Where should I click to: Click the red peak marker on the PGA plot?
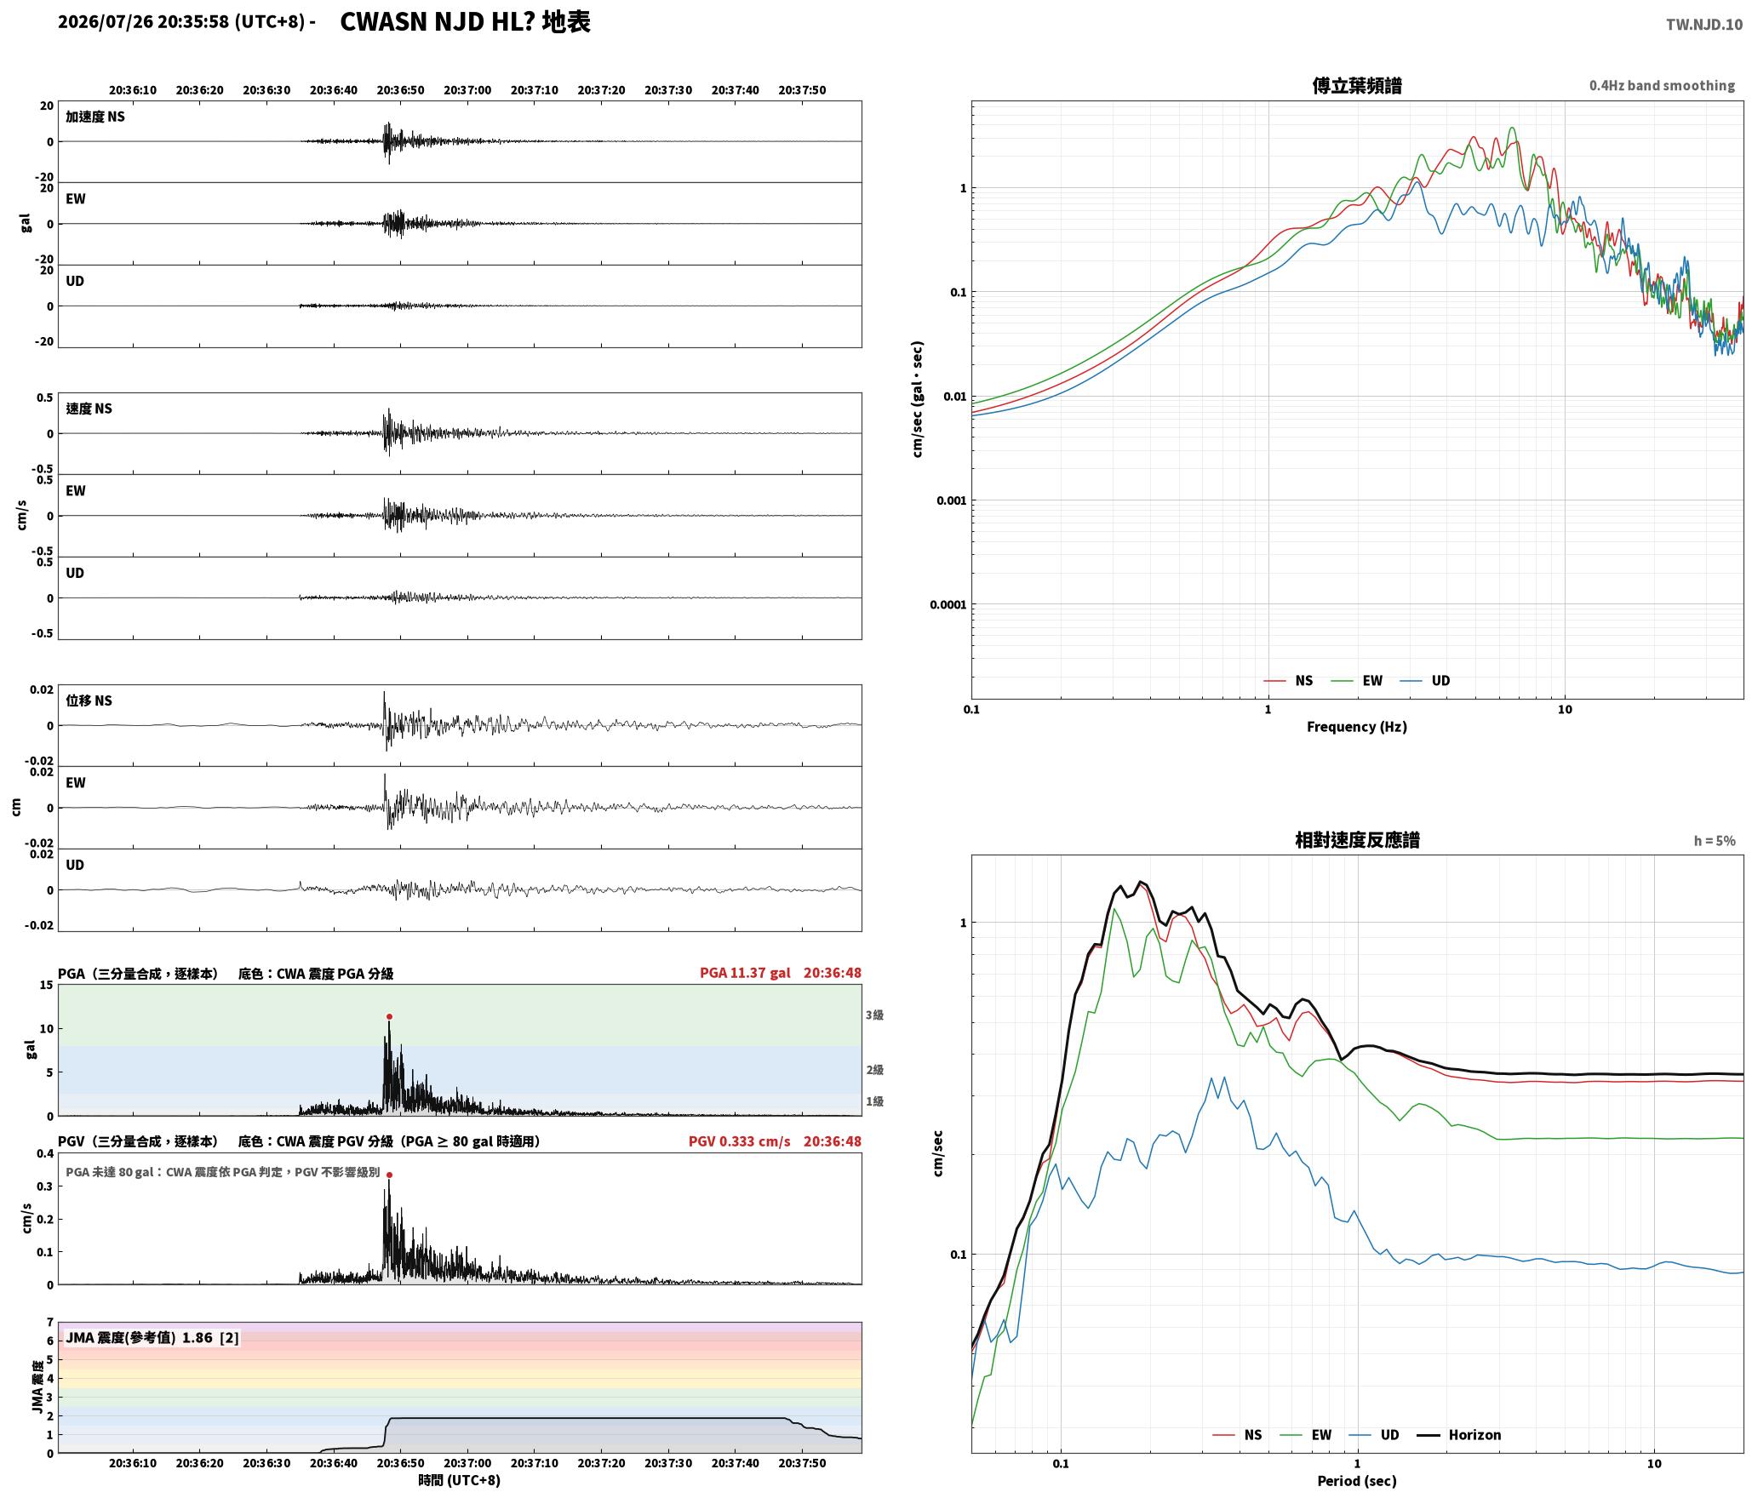coord(389,1016)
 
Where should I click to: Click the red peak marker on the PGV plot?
coord(389,1175)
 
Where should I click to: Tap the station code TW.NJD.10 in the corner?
coord(1704,25)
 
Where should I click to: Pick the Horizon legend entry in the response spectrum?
coord(1459,1434)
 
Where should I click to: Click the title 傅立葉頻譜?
coord(1357,86)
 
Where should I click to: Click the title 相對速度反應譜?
coord(1357,840)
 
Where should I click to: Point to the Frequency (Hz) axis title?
coord(1357,726)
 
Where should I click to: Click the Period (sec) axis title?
coord(1357,1480)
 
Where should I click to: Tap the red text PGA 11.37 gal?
coord(745,973)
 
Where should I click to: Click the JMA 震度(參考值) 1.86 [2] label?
coord(152,1337)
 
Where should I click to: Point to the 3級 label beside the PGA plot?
coord(874,1015)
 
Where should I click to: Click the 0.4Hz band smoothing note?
coord(1662,86)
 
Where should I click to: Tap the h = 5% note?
coord(1715,841)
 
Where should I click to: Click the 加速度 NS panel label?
coord(95,117)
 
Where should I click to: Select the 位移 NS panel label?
coord(89,700)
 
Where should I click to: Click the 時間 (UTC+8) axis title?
coord(460,1480)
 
